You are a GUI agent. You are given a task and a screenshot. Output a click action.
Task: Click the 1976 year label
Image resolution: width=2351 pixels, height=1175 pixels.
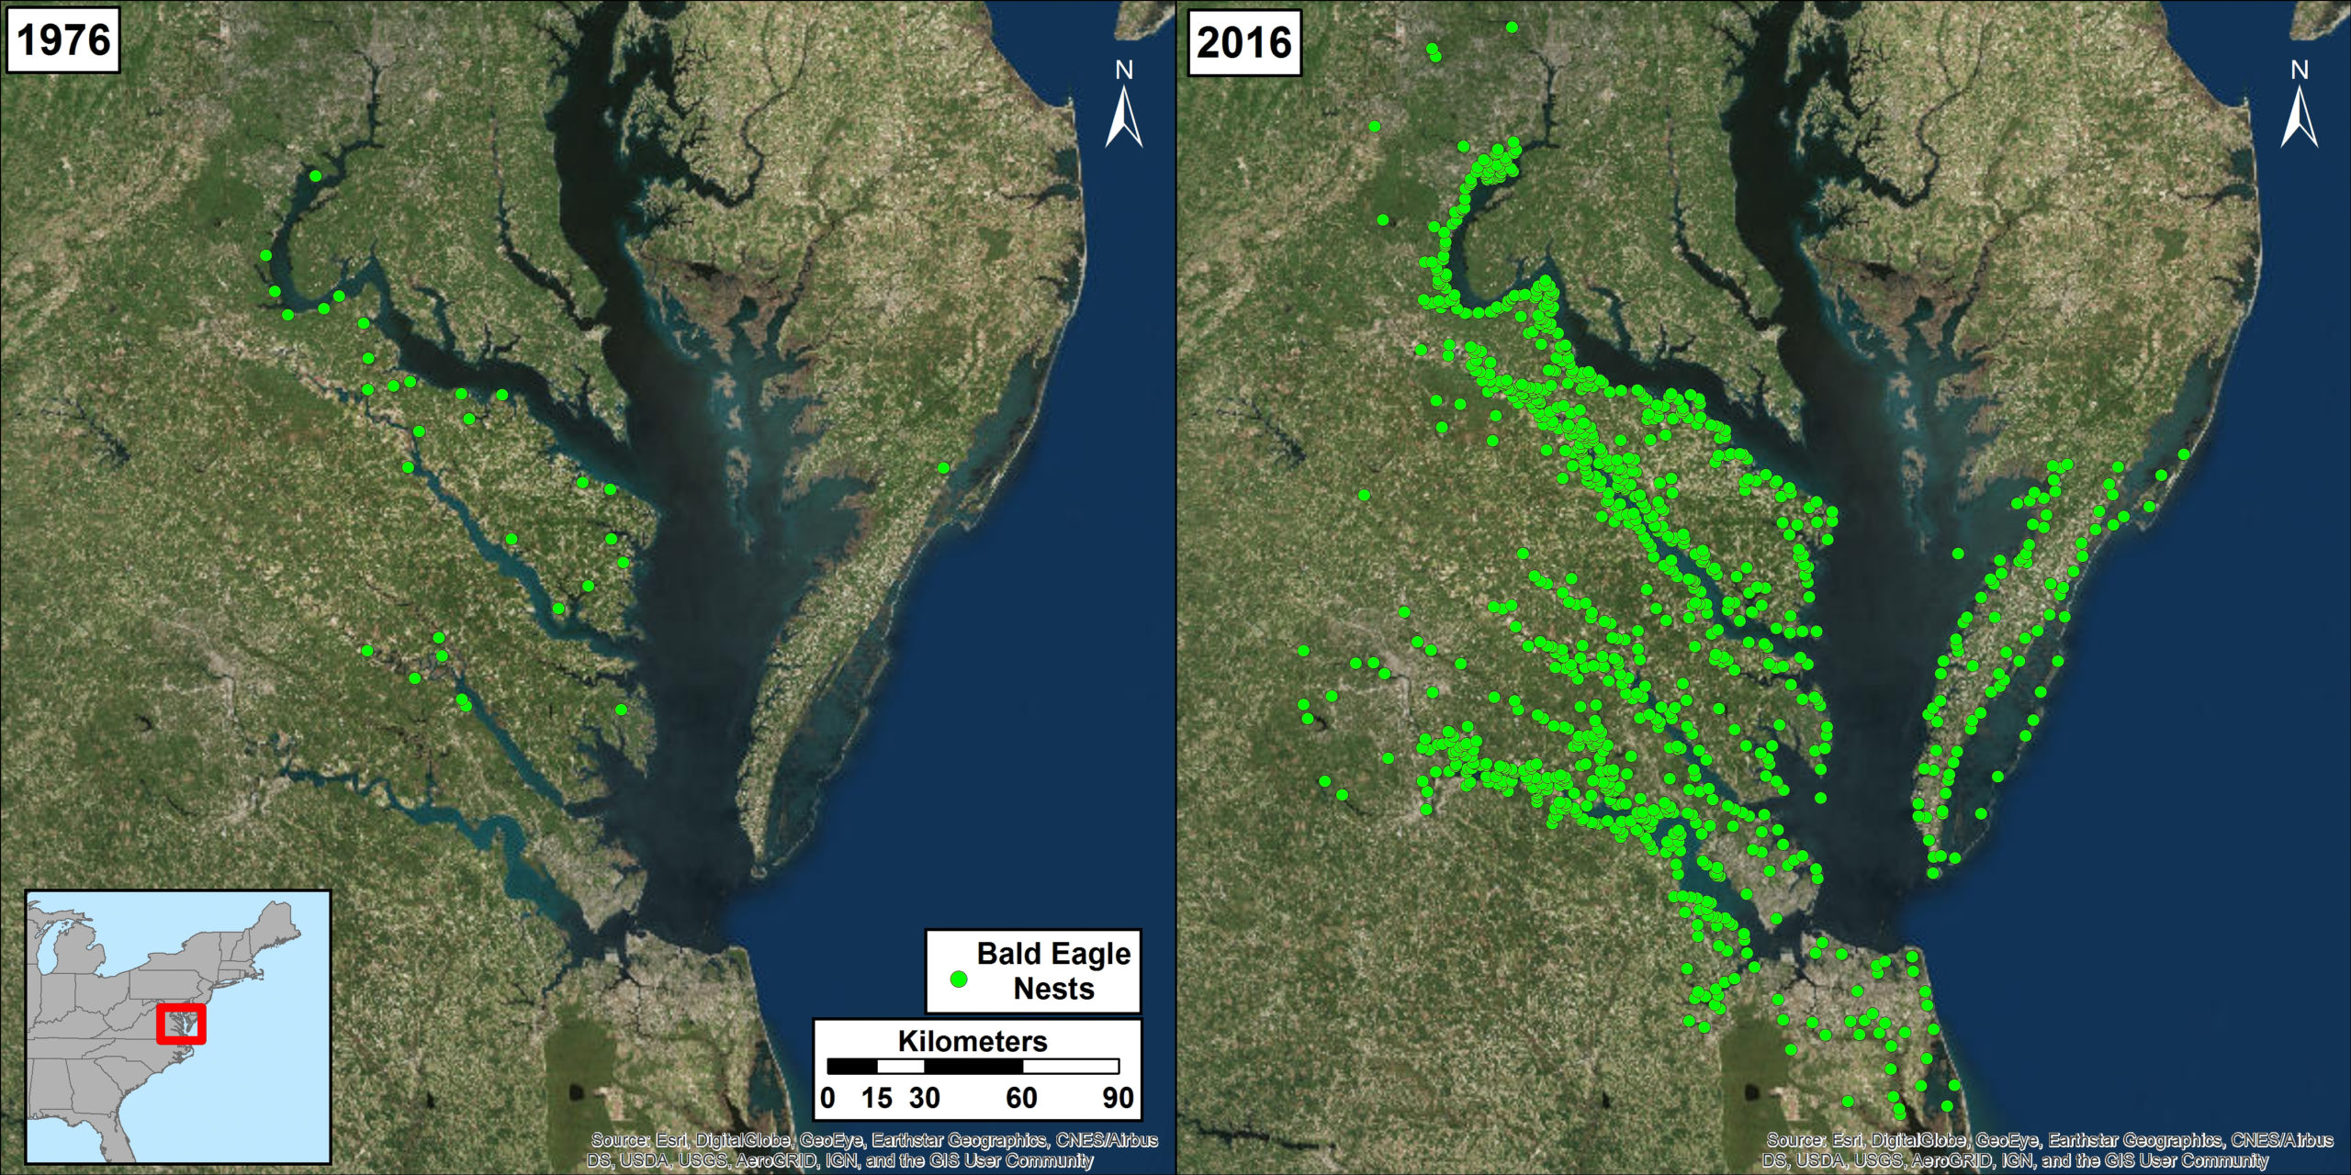pyautogui.click(x=62, y=40)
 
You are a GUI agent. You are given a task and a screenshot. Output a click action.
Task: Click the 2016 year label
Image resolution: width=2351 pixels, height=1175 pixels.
pyautogui.click(x=1243, y=42)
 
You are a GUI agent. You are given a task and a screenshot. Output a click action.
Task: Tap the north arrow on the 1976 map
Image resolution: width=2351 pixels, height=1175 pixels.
pyautogui.click(x=1124, y=108)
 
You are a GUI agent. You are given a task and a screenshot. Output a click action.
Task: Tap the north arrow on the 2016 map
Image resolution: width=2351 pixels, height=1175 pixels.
pyautogui.click(x=2299, y=108)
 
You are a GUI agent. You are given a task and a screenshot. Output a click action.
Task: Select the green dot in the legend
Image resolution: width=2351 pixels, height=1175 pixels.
pyautogui.click(x=959, y=979)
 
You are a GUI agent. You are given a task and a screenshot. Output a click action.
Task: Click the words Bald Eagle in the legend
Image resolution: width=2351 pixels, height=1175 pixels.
pyautogui.click(x=1053, y=954)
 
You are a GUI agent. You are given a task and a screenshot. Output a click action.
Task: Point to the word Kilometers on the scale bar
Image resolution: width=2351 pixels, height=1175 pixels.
pyautogui.click(x=973, y=1041)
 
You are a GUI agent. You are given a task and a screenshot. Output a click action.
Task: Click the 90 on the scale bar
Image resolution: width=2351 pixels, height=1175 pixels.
pyautogui.click(x=1118, y=1098)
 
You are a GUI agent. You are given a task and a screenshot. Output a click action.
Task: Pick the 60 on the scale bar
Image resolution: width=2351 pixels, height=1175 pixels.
pyautogui.click(x=1021, y=1098)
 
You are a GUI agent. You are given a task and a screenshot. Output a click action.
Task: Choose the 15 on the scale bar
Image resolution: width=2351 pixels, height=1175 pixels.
pyautogui.click(x=877, y=1098)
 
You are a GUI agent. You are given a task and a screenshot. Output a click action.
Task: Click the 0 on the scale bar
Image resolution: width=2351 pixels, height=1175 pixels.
pyautogui.click(x=827, y=1098)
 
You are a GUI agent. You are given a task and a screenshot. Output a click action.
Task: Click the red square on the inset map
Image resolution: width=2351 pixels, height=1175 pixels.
pyautogui.click(x=181, y=1024)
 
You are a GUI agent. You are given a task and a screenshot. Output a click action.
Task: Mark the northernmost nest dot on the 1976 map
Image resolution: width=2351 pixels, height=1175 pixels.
pyautogui.click(x=315, y=175)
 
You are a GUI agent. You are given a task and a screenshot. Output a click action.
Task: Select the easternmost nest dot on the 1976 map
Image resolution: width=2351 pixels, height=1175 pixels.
pyautogui.click(x=943, y=468)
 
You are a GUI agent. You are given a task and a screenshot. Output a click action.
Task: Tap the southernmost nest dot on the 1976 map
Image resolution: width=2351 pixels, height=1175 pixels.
pyautogui.click(x=622, y=710)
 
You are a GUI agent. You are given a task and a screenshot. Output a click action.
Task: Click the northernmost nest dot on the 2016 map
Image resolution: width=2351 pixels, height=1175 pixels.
pyautogui.click(x=1512, y=28)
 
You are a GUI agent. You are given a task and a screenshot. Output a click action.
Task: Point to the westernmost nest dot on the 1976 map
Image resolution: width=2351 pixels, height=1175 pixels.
pyautogui.click(x=265, y=255)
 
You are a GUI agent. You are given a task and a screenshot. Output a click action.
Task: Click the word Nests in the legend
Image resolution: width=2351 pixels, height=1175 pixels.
pyautogui.click(x=1053, y=989)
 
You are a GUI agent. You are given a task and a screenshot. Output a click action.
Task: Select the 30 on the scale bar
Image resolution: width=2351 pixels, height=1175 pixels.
pyautogui.click(x=924, y=1098)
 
